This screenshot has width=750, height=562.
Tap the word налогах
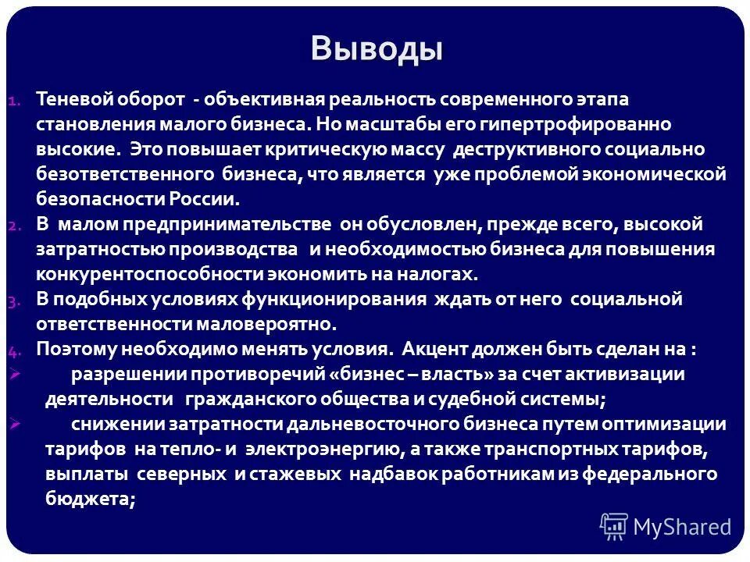pyautogui.click(x=437, y=274)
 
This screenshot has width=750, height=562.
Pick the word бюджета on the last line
pyautogui.click(x=89, y=500)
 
